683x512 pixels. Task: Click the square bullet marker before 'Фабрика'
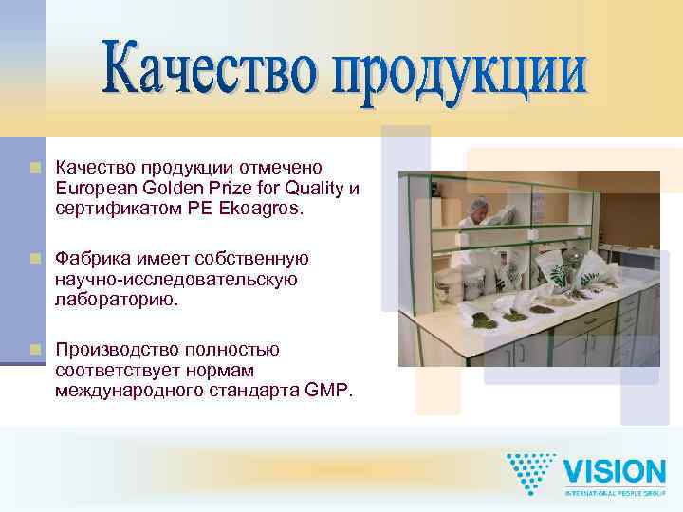(x=36, y=259)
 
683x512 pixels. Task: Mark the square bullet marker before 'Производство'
(x=36, y=350)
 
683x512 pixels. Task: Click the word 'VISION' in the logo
(x=614, y=471)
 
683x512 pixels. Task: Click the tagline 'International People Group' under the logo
(x=614, y=493)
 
